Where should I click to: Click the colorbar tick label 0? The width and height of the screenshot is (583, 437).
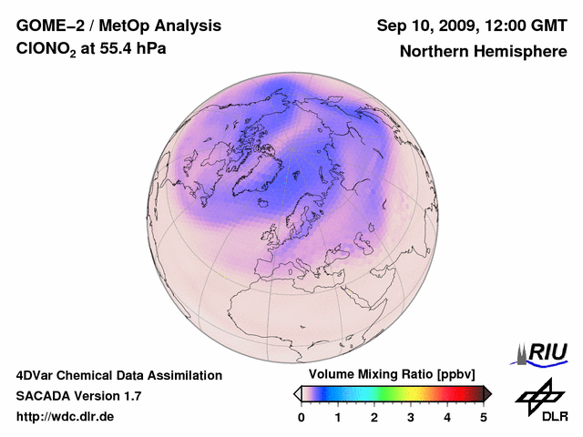302,417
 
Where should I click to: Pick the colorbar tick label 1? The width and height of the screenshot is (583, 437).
338,417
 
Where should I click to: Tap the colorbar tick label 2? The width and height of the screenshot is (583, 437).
374,417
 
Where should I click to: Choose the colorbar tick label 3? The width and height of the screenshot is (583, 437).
411,417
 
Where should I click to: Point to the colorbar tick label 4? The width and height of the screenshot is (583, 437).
447,417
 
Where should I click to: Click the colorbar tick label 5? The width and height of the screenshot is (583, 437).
484,417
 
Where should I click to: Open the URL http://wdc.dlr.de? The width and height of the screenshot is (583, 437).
66,417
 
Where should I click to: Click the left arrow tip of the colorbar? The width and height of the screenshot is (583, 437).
296,393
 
